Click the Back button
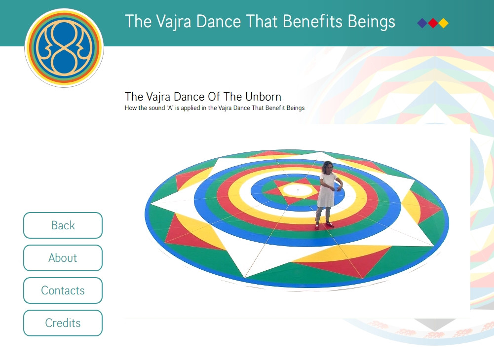pos(63,225)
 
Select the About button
pos(63,257)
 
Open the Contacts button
pos(63,290)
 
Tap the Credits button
pos(63,323)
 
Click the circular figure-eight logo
pos(64,48)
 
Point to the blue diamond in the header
pos(422,23)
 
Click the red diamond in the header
pos(433,23)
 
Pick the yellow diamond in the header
pos(444,23)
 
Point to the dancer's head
pos(328,167)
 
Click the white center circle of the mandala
pos(298,190)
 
